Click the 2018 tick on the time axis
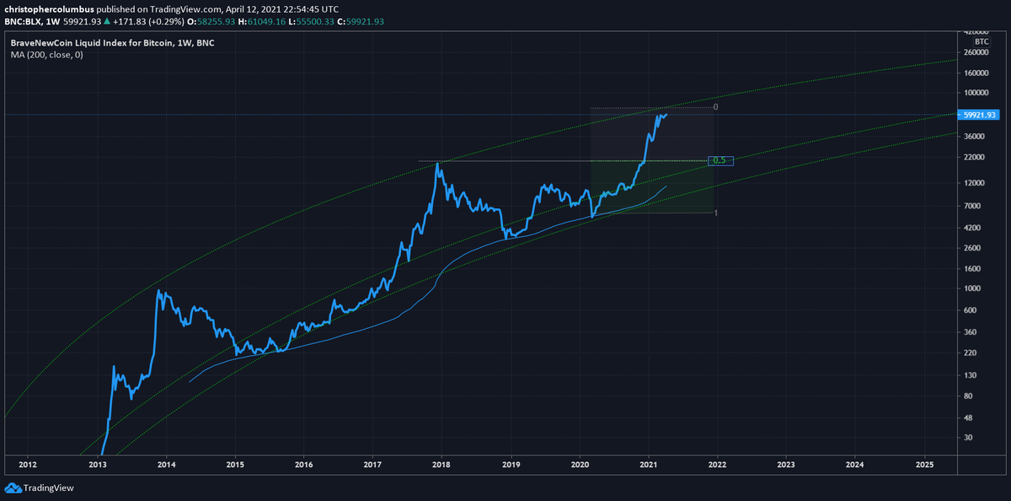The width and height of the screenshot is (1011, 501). tap(441, 465)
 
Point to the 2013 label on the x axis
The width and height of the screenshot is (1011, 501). tap(97, 465)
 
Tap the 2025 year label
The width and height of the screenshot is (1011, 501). tap(924, 465)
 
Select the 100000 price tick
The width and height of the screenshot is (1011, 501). tap(976, 93)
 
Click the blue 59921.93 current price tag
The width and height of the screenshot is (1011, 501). tap(978, 115)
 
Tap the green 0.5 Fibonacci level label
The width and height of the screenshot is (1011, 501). tap(720, 160)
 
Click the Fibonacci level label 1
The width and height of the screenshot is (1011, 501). tap(716, 213)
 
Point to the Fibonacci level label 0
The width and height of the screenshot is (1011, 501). tap(715, 107)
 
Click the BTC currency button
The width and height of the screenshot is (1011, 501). tap(982, 41)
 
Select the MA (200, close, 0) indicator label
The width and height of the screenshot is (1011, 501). tap(47, 55)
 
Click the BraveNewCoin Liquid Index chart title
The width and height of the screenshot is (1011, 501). tap(112, 43)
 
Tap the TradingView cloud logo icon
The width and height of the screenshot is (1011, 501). tap(13, 488)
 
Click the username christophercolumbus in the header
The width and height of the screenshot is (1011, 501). tap(49, 9)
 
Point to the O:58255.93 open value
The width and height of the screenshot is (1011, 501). tap(211, 22)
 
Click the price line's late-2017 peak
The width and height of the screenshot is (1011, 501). tap(437, 163)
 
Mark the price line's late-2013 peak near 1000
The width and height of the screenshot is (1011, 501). tap(158, 290)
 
